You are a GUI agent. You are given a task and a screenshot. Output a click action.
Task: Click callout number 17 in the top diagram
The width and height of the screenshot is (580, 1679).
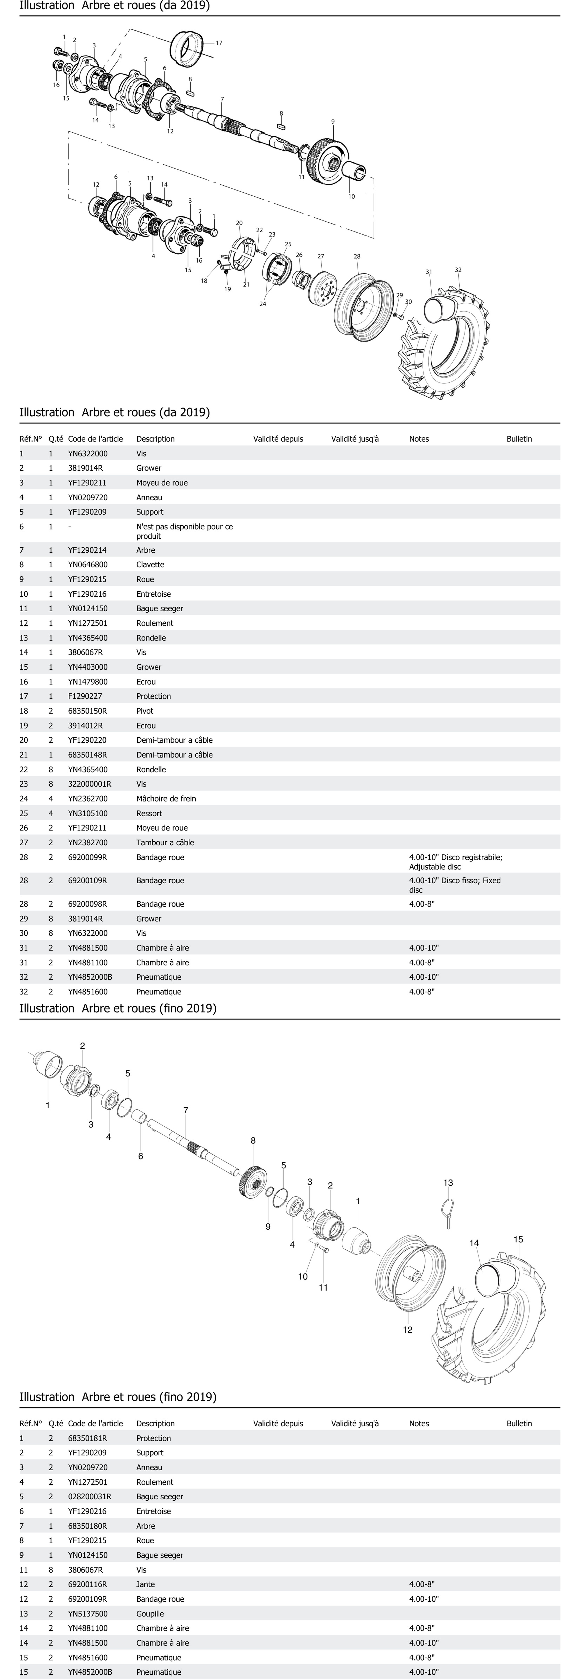[219, 43]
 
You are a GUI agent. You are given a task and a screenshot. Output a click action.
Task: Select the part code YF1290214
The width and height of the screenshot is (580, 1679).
[87, 550]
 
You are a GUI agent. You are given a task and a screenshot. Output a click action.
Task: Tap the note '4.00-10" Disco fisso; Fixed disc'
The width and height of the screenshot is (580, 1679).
[455, 885]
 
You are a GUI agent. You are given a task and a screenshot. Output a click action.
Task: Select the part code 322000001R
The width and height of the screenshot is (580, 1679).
[89, 784]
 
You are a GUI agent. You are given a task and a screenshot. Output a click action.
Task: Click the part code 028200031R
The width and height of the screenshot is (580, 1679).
[89, 1496]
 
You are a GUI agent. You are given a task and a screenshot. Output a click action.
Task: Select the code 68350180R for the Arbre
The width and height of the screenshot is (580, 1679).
[87, 1526]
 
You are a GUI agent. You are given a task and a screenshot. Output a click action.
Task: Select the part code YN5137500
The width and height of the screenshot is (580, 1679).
[87, 1614]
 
